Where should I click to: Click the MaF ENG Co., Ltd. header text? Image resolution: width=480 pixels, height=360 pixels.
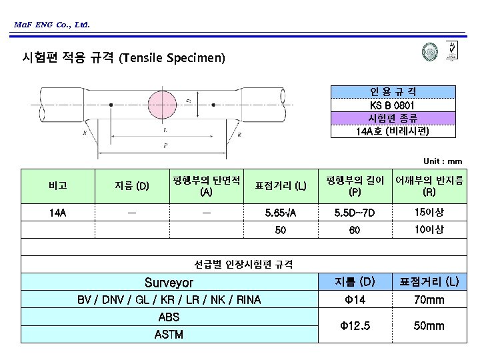pyautogui.click(x=51, y=25)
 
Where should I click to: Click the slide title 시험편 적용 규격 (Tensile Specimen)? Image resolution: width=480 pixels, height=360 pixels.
pyautogui.click(x=124, y=59)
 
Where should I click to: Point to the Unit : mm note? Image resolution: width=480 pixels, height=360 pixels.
pyautogui.click(x=443, y=161)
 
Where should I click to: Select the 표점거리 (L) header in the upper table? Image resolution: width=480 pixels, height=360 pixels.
pyautogui.click(x=281, y=185)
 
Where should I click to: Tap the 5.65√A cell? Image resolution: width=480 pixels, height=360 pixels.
pyautogui.click(x=281, y=213)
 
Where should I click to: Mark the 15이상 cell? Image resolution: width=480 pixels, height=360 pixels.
pyautogui.click(x=429, y=213)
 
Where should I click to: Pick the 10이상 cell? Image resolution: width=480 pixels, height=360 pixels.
pyautogui.click(x=429, y=230)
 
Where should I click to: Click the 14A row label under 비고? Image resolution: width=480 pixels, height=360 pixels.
pyautogui.click(x=57, y=213)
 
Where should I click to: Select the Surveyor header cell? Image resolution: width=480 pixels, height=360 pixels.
pyautogui.click(x=169, y=283)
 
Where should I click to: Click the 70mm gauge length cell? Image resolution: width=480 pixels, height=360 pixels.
pyautogui.click(x=429, y=300)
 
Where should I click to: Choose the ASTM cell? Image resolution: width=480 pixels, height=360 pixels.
pyautogui.click(x=169, y=334)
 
